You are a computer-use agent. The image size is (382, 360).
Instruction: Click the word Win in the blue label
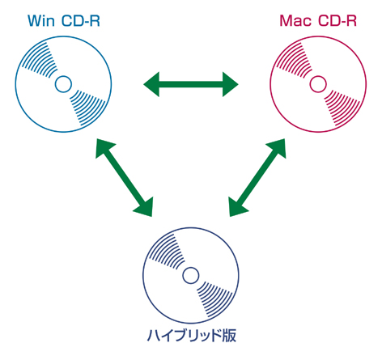[x=41, y=21]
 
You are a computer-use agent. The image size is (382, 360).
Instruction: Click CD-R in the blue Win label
[x=81, y=21]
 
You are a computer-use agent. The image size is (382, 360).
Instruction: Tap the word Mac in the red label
[x=295, y=21]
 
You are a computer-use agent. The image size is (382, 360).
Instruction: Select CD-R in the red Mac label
[x=337, y=21]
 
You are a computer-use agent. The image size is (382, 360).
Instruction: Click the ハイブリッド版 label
[x=191, y=335]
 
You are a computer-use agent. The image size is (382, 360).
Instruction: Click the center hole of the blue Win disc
[x=63, y=84]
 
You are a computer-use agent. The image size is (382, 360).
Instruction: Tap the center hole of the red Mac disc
[x=318, y=84]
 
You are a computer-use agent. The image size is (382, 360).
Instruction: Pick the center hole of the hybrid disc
[x=191, y=275]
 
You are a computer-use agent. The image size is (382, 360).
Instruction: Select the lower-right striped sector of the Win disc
[x=87, y=108]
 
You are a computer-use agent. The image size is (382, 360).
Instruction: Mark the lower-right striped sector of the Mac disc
[x=342, y=108]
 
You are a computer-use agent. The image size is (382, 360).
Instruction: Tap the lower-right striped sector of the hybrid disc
[x=215, y=299]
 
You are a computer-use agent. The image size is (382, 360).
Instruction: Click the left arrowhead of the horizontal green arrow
[x=152, y=84]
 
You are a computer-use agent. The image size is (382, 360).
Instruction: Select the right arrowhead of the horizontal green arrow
[x=230, y=84]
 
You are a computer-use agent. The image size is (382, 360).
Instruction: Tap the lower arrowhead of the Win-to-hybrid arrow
[x=145, y=208]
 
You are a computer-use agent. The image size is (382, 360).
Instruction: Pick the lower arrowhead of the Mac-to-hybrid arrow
[x=236, y=208]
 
